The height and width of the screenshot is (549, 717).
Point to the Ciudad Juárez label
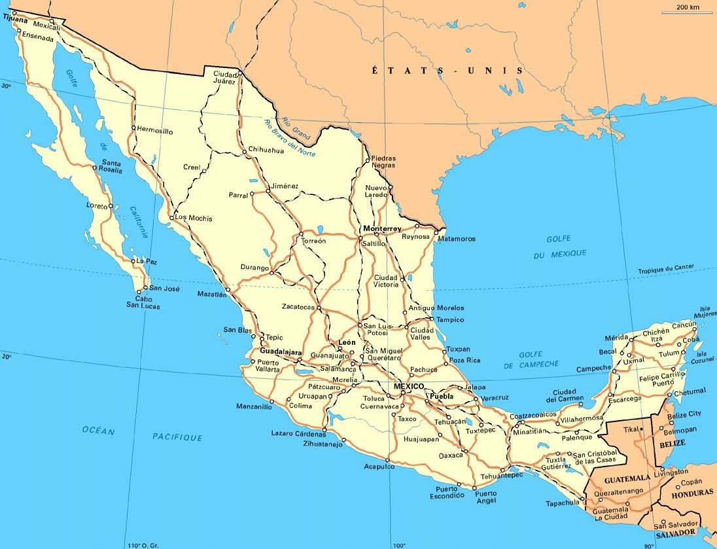click(224, 78)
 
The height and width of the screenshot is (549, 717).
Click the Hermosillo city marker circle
click(133, 128)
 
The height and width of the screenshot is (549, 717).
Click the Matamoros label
click(457, 239)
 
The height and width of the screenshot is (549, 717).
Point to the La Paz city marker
click(133, 261)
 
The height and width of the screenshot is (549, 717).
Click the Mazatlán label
click(212, 294)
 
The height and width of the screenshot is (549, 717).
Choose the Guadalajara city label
click(281, 352)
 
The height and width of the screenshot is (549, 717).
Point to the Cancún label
click(684, 325)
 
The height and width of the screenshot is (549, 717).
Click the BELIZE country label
click(673, 443)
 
